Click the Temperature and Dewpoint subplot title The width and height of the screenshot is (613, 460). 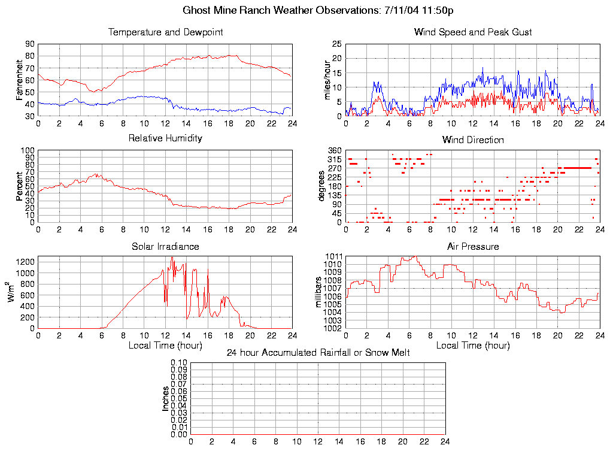165,32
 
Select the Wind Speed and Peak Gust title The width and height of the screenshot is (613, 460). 473,32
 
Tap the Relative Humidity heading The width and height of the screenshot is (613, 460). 165,138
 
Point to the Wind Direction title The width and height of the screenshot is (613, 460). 473,140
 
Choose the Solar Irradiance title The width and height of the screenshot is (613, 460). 165,246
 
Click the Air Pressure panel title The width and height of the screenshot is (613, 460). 473,246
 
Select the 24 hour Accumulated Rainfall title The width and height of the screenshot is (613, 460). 318,353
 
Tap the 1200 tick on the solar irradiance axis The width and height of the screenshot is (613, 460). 26,261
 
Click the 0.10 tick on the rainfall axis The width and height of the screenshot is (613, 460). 180,363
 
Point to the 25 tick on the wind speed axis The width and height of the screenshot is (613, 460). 337,44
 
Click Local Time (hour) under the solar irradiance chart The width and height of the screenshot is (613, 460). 165,346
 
